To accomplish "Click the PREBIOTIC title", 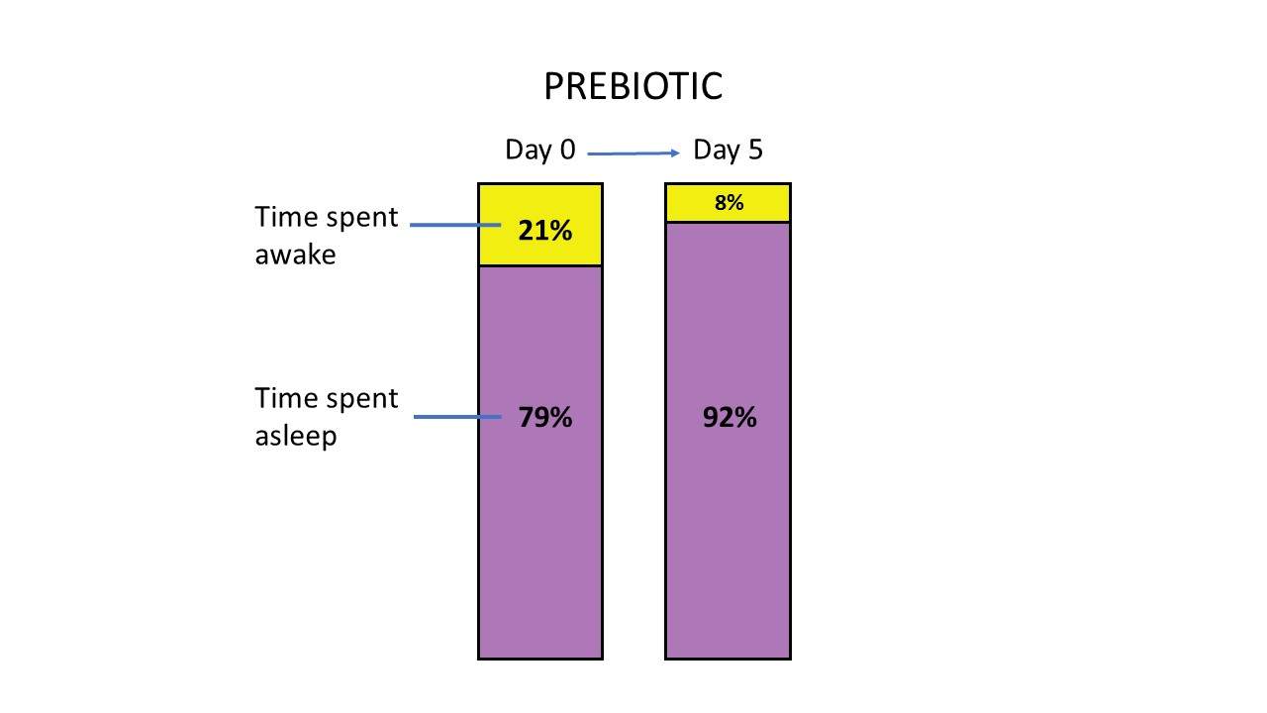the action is (x=633, y=86).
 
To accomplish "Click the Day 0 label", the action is (x=540, y=151).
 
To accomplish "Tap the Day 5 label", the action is (x=728, y=151).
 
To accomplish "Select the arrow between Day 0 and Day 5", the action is (x=633, y=153).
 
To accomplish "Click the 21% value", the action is (x=545, y=231).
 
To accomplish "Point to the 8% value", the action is (x=729, y=203).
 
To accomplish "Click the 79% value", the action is (x=545, y=418).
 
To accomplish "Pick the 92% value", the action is (x=730, y=418).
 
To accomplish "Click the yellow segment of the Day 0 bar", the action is (x=540, y=225).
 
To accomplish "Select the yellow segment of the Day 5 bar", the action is (x=728, y=203).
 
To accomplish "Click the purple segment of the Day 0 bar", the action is (x=540, y=462).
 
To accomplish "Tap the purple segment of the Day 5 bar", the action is (x=728, y=441).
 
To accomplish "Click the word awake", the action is (x=295, y=255).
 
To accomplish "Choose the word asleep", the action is (x=296, y=437).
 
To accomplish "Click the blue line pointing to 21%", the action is (x=455, y=225).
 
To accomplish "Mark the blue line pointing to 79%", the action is (x=457, y=417).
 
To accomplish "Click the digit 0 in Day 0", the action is (x=567, y=150).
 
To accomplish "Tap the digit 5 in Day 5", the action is (x=755, y=150).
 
